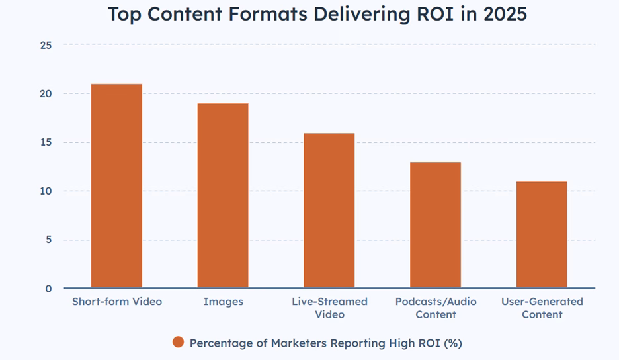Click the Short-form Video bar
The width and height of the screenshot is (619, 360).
tap(116, 186)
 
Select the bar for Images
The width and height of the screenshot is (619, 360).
tap(223, 196)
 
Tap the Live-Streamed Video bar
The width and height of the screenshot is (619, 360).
tap(329, 210)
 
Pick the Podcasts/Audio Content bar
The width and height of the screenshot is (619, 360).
tap(435, 225)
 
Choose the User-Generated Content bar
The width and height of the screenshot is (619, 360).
tap(542, 235)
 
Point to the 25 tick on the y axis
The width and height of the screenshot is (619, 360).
tap(46, 45)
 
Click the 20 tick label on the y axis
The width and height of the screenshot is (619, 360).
tap(46, 93)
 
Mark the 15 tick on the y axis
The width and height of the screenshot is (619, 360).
tap(46, 142)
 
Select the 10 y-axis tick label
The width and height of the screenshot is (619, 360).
tap(46, 191)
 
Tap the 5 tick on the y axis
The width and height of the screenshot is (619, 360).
tap(48, 240)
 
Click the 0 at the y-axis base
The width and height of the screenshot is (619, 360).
tap(48, 289)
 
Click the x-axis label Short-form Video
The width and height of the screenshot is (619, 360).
tap(117, 302)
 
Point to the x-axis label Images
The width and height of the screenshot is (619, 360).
tap(223, 302)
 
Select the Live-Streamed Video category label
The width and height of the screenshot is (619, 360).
tap(329, 308)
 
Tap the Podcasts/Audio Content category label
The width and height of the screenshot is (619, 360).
tap(436, 308)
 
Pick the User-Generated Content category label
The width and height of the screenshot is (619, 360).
tap(542, 308)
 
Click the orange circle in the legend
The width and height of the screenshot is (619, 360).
tap(178, 343)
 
